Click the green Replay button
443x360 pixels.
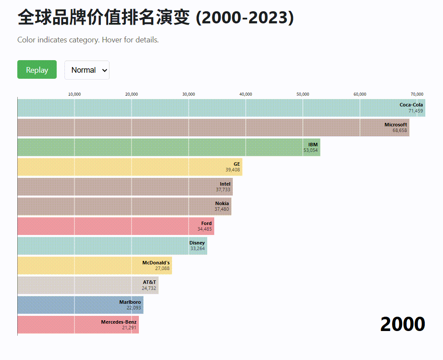[37, 70]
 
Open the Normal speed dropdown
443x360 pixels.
[87, 70]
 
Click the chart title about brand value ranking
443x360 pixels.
[155, 18]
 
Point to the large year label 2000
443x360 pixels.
[402, 324]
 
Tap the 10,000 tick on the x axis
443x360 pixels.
[74, 94]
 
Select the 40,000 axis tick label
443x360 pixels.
[246, 94]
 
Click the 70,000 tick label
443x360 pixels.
[417, 94]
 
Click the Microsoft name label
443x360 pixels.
[395, 125]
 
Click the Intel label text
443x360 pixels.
[225, 184]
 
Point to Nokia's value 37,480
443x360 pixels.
[222, 209]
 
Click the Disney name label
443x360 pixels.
[197, 243]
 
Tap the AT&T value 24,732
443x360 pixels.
[149, 288]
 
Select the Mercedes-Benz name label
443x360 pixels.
[119, 322]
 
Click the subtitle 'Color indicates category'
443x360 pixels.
[88, 40]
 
